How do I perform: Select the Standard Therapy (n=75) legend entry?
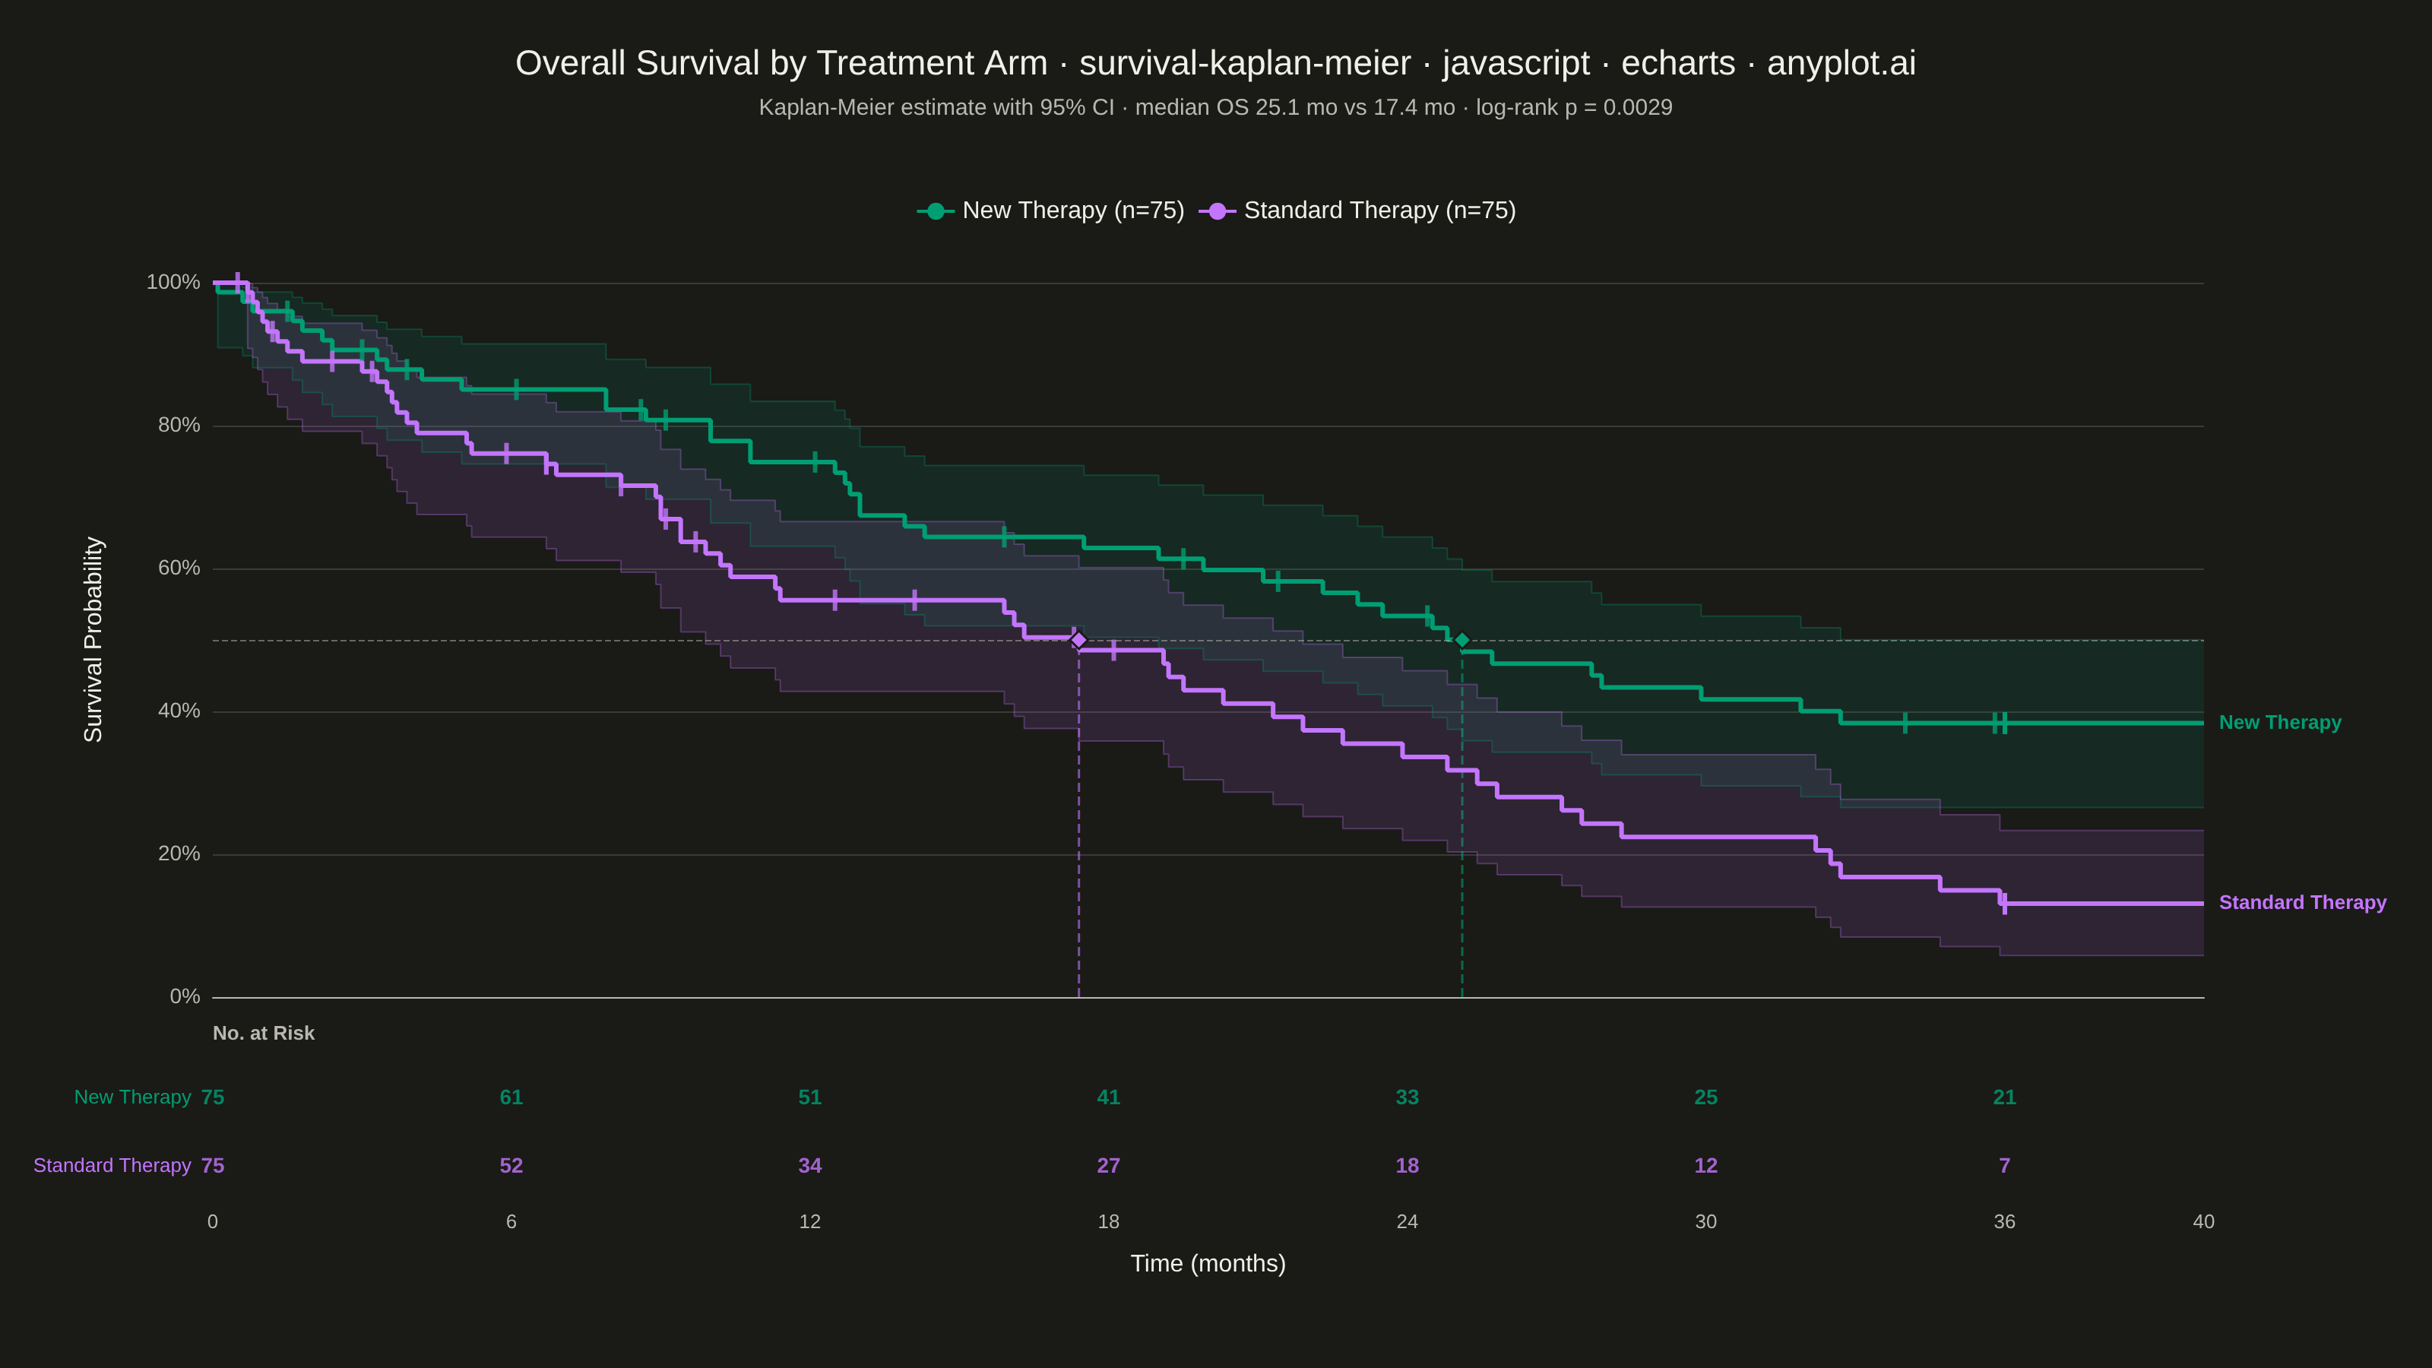(x=1357, y=211)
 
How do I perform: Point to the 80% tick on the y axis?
(x=179, y=426)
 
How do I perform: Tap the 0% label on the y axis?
(x=185, y=997)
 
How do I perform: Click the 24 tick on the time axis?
(x=1407, y=1221)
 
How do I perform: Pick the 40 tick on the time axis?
(x=2203, y=1221)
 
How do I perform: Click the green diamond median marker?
(x=1462, y=640)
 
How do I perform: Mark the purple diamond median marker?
(x=1079, y=640)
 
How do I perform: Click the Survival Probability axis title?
(x=93, y=640)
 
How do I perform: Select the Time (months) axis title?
(x=1208, y=1263)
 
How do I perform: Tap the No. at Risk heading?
(x=264, y=1034)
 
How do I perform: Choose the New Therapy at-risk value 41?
(x=1108, y=1097)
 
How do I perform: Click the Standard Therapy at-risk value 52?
(x=511, y=1166)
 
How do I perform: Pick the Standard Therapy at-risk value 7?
(x=2004, y=1166)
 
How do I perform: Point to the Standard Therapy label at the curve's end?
(x=2303, y=904)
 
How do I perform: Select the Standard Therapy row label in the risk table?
(x=112, y=1166)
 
